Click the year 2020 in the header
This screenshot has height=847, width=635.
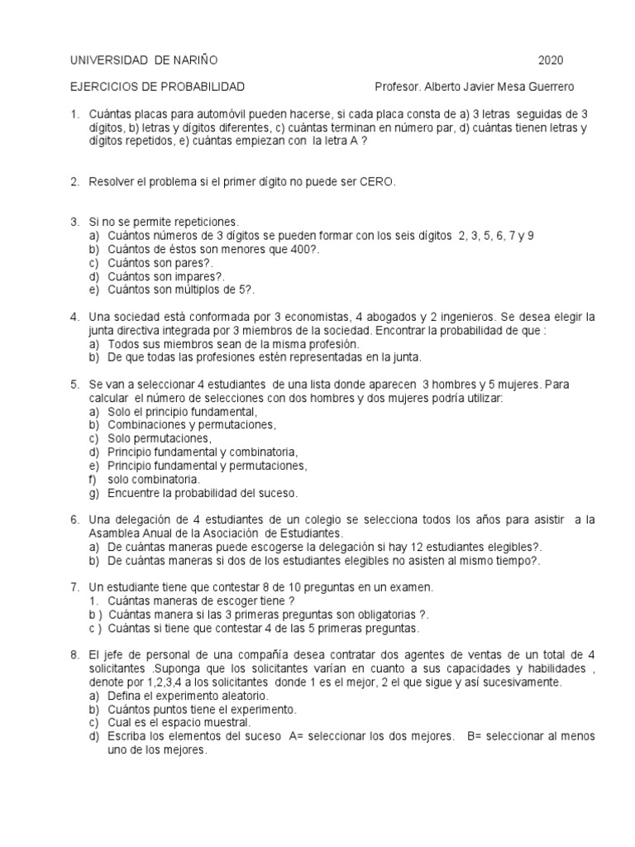[x=551, y=60]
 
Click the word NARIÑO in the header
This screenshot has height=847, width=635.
[x=194, y=60]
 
